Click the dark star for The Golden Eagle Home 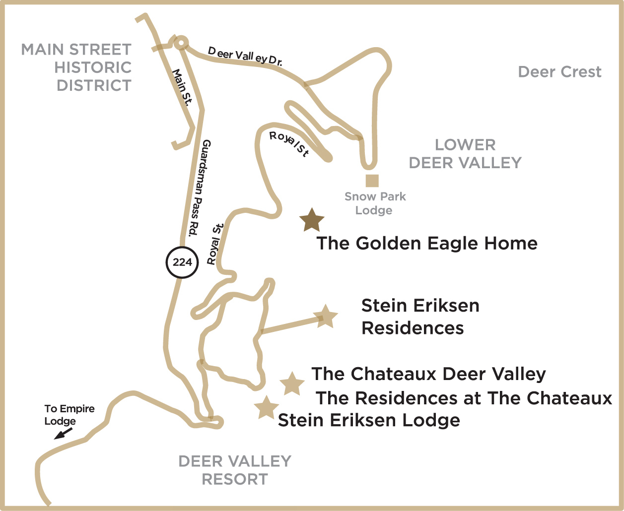tap(312, 220)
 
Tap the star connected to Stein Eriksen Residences tap(326, 317)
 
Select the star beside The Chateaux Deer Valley tap(292, 383)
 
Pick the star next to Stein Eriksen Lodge tap(266, 408)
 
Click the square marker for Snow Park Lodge tap(372, 181)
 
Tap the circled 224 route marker tap(182, 261)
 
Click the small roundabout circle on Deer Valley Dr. tap(181, 44)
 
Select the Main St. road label tap(182, 87)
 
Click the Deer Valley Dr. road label tap(245, 56)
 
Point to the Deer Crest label tap(559, 72)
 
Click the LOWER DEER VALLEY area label tap(465, 154)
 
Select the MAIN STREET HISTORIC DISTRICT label tap(77, 67)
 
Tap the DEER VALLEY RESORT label tap(235, 470)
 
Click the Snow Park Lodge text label tap(375, 203)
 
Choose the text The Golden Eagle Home tap(427, 243)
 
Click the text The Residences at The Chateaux tap(464, 398)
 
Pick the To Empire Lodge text tap(69, 415)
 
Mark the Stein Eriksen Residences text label tap(420, 317)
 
